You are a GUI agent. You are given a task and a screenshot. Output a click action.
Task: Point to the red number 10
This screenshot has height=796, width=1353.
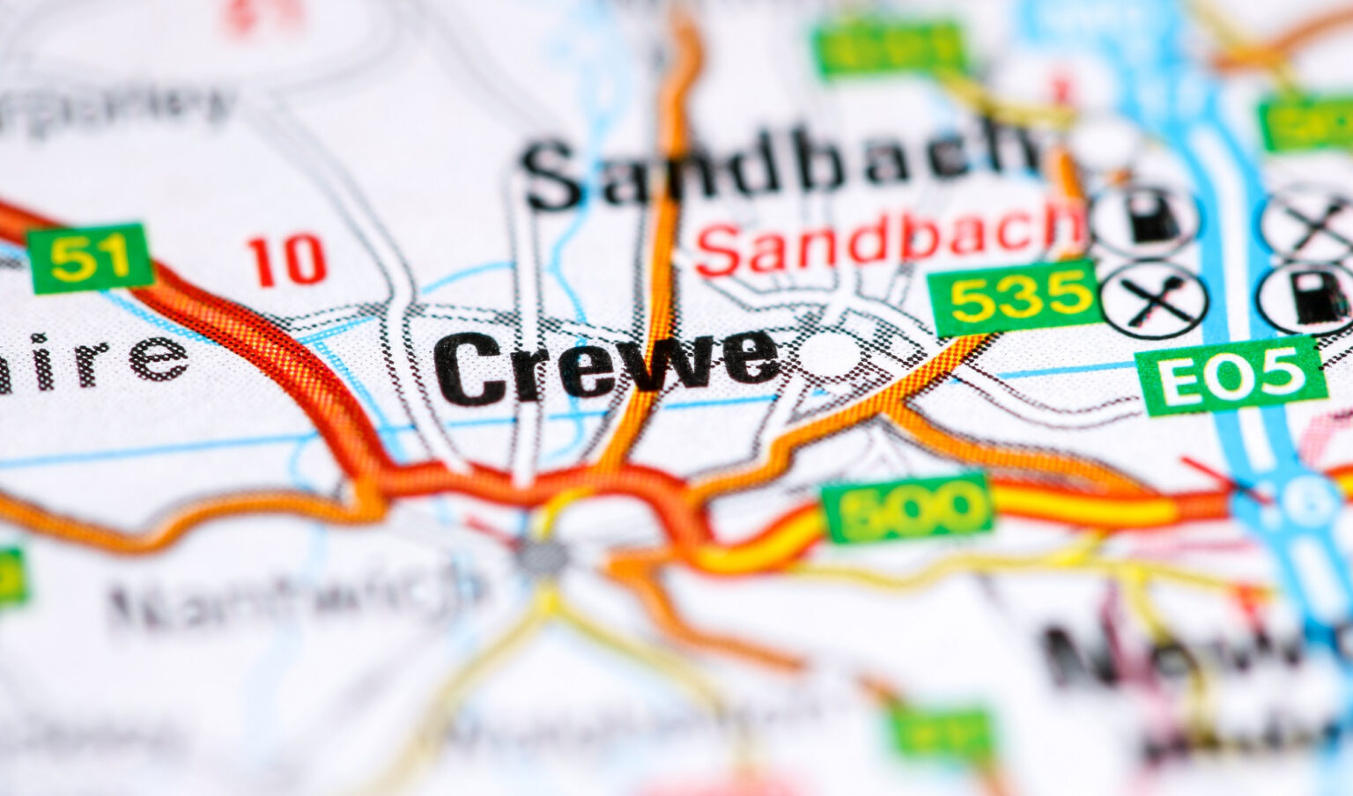287,261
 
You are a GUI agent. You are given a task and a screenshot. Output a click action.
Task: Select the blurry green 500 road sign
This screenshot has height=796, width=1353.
907,509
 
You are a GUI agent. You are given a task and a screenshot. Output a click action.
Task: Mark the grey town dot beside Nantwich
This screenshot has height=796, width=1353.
542,555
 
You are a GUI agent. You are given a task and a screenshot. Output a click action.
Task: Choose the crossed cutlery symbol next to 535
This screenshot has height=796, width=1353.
1154,299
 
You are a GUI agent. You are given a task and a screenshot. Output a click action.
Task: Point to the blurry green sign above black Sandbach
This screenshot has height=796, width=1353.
890,51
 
